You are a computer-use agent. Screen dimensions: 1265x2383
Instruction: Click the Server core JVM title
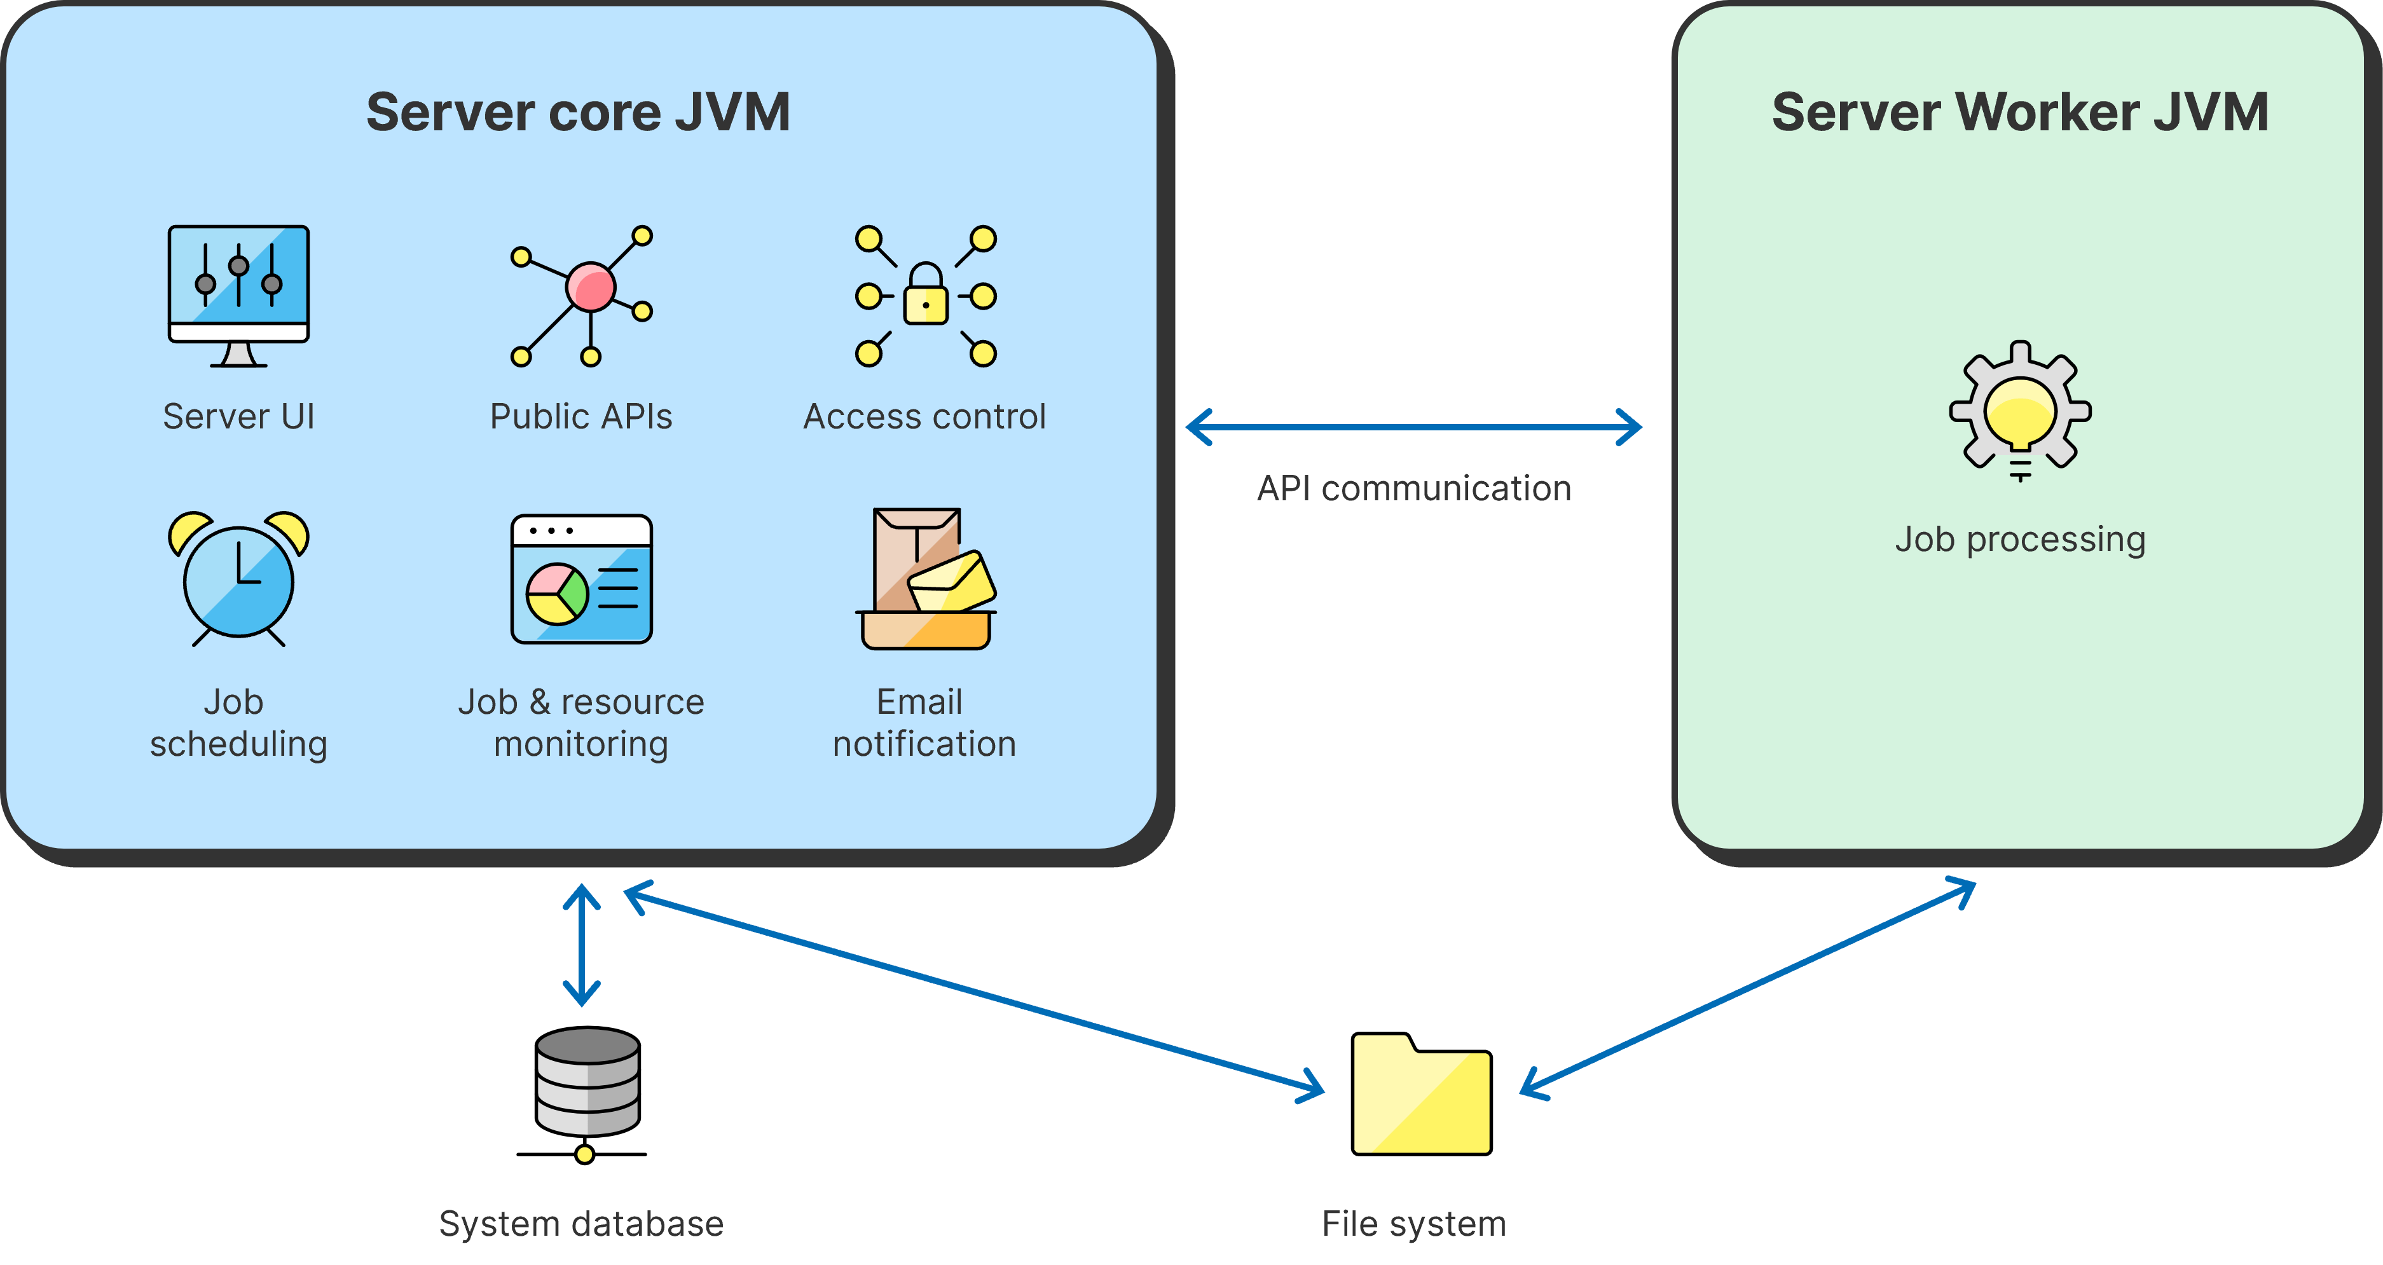pos(578,113)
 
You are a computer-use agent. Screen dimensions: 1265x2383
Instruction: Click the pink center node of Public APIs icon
pos(590,287)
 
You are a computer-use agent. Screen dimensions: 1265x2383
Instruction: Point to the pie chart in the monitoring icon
pos(557,594)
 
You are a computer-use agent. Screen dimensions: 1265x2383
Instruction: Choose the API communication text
pos(1413,488)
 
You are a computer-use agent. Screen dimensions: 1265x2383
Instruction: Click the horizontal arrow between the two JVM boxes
pos(1413,427)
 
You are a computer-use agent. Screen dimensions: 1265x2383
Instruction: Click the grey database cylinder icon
pos(587,1082)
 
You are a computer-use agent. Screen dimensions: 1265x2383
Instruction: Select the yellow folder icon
pos(1421,1096)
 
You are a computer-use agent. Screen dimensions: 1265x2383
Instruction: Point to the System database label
pos(581,1224)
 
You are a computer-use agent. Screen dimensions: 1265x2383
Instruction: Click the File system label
pos(1413,1224)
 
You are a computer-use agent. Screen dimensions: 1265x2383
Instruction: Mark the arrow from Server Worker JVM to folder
pos(1748,990)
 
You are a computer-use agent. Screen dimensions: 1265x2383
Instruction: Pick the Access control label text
pos(924,417)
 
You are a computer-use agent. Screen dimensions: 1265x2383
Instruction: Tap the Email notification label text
pos(924,723)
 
